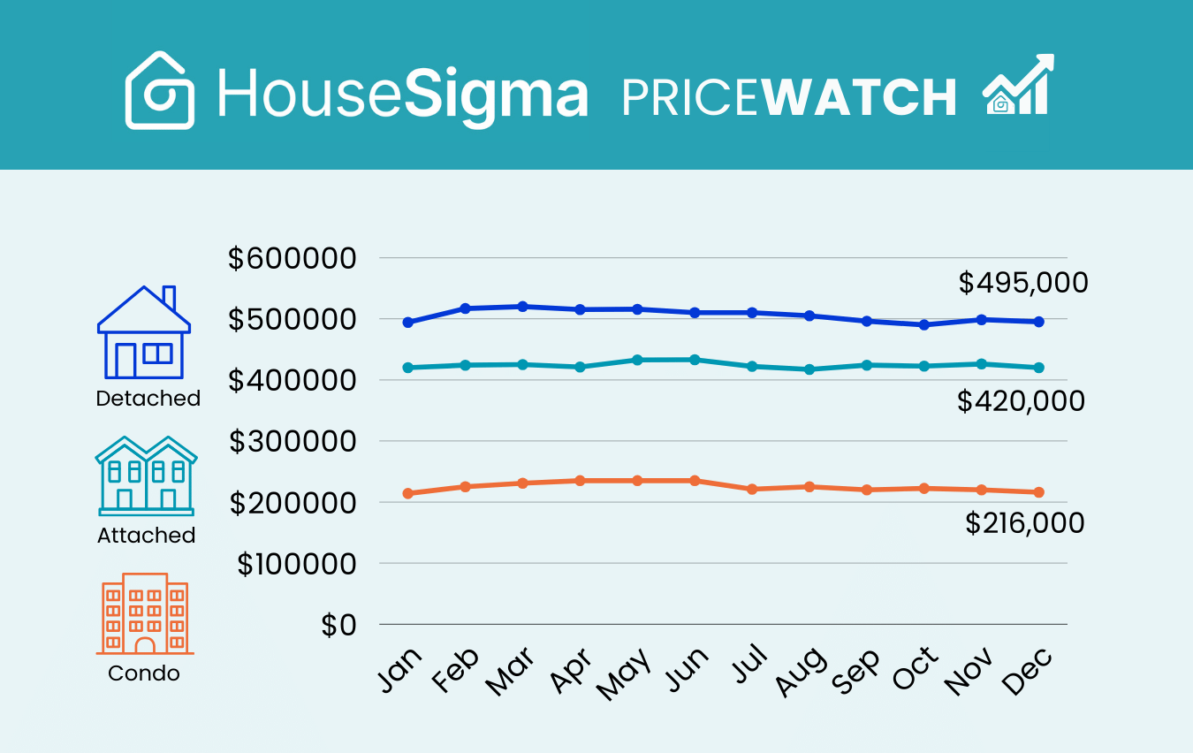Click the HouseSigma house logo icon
(160, 90)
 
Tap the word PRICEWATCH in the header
(789, 97)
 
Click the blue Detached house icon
(144, 333)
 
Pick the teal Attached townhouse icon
(146, 475)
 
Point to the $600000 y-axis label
(292, 259)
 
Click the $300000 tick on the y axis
(293, 441)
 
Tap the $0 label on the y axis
(338, 625)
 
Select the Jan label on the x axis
(399, 671)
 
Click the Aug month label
(802, 673)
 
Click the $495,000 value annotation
(1023, 284)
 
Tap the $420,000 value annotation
(1021, 402)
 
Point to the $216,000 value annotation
(1024, 524)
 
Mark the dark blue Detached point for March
(522, 307)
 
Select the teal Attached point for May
(637, 360)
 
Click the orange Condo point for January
(408, 493)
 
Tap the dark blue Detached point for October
(924, 324)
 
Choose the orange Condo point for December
(1039, 492)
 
